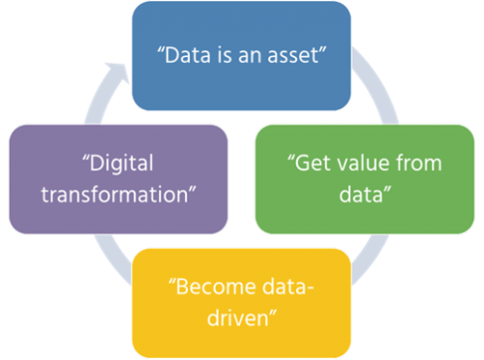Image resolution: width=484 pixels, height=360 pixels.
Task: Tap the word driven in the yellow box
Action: (238, 316)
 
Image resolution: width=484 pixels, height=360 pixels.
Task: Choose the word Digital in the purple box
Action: (120, 161)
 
